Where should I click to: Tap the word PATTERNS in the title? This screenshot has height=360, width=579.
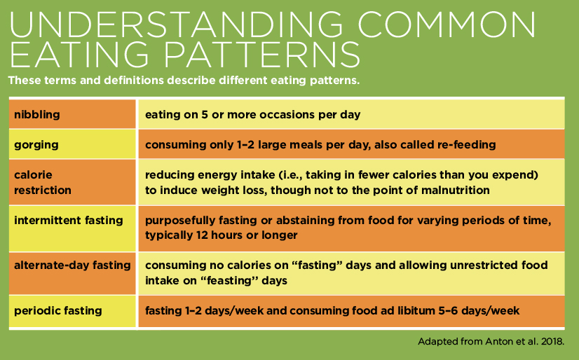click(261, 54)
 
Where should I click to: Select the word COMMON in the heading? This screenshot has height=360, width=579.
click(447, 25)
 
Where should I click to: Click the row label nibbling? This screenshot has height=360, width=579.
click(37, 114)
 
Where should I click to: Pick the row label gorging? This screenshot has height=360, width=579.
click(36, 145)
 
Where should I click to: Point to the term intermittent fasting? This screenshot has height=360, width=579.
click(69, 220)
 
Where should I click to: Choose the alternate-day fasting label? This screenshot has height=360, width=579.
click(72, 265)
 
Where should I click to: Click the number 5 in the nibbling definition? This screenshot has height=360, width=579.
click(205, 115)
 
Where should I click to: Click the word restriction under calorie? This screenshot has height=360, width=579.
click(43, 190)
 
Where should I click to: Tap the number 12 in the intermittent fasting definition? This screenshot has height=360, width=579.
click(203, 235)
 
